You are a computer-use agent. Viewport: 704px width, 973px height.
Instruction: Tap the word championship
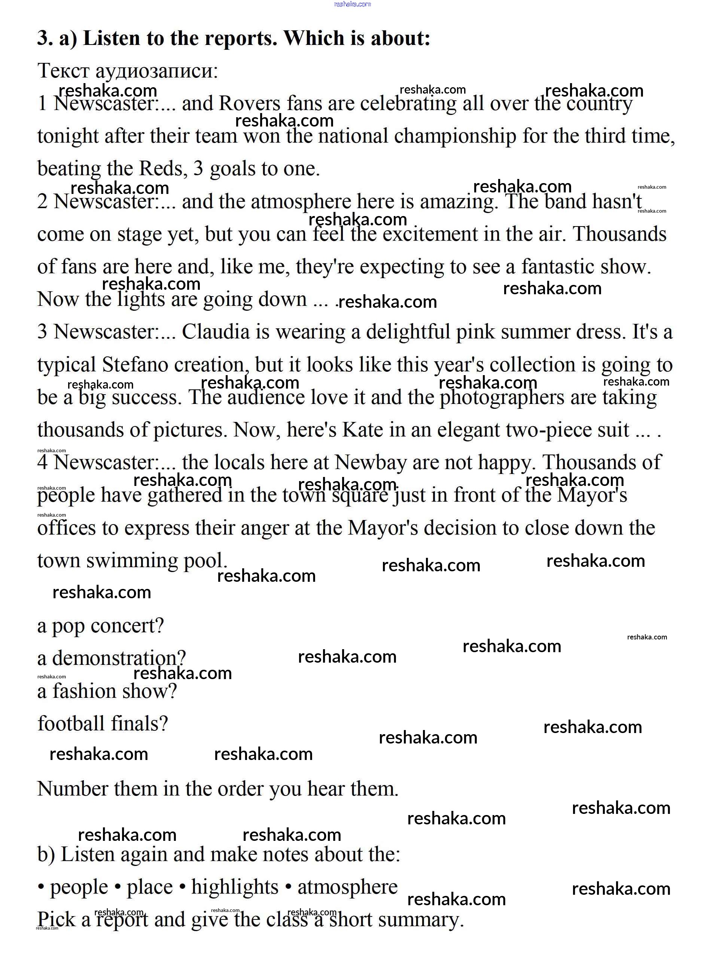455,136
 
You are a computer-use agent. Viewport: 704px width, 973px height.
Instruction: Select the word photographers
502,398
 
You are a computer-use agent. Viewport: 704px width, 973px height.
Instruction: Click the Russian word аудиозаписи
156,71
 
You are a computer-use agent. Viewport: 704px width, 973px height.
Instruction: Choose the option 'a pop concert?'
100,626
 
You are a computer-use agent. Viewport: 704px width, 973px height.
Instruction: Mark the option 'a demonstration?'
112,659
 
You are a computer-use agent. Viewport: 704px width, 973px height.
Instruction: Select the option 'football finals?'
103,724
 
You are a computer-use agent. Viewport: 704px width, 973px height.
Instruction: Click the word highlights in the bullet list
235,887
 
